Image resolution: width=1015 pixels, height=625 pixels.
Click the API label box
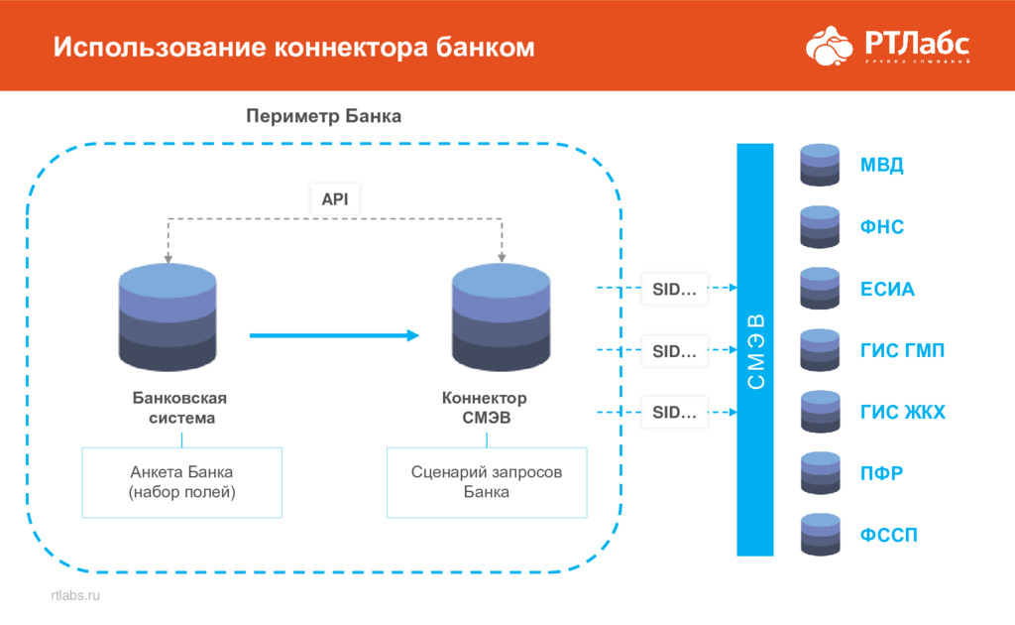coord(335,198)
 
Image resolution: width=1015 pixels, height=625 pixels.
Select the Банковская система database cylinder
coord(168,317)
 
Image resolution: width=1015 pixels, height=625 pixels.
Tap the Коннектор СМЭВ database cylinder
coord(501,317)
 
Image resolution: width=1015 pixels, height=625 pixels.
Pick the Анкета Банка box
coord(181,482)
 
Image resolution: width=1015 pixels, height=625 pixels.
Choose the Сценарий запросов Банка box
coord(486,482)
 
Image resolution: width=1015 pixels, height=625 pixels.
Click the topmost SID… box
coord(674,289)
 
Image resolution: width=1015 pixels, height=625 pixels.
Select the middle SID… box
coord(674,350)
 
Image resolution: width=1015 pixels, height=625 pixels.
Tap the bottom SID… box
coord(674,413)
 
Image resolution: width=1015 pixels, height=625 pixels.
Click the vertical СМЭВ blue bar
coord(755,349)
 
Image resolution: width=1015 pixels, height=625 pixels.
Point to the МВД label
coord(881,166)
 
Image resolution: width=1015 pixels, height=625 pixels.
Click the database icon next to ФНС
coord(820,227)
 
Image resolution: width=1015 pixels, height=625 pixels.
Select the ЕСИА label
coord(887,291)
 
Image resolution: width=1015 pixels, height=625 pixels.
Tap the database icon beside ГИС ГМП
coord(820,350)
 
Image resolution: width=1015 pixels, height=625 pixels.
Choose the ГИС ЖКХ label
coord(902,413)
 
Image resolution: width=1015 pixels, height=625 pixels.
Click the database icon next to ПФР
coord(820,473)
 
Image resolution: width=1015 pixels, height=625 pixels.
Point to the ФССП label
coord(888,536)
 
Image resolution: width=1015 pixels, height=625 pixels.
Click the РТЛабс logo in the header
coord(886,45)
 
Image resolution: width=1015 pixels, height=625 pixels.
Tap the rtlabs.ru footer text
coord(75,595)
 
